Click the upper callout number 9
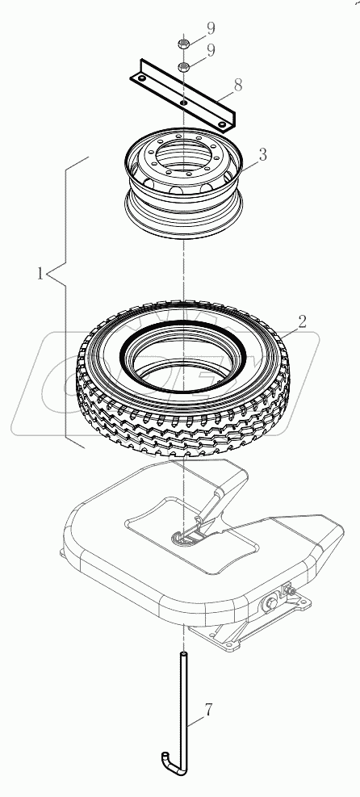[210, 28]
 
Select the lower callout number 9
[210, 50]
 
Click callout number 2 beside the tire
[278, 321]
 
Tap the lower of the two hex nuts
[184, 66]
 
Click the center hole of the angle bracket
[184, 103]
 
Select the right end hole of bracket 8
[222, 123]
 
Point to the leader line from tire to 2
[260, 332]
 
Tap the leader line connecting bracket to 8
[217, 93]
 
